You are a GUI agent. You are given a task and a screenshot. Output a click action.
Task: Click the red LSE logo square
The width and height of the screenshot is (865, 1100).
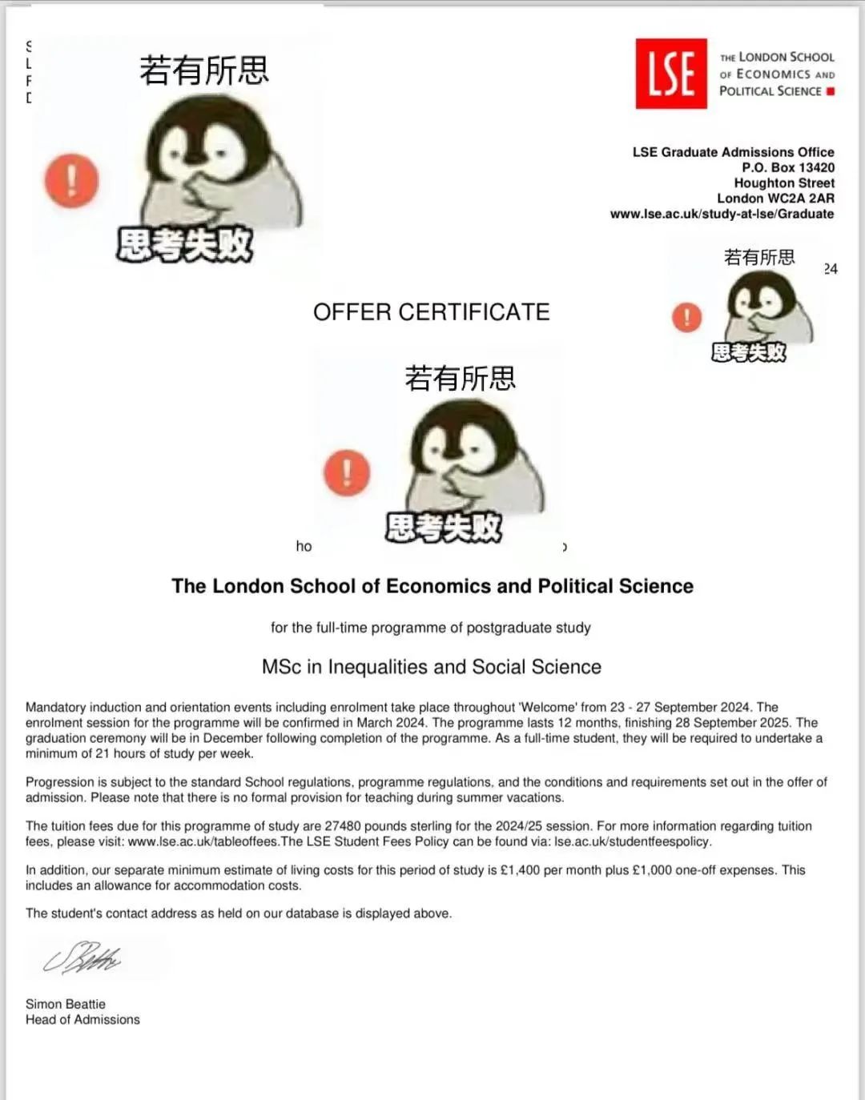(x=670, y=74)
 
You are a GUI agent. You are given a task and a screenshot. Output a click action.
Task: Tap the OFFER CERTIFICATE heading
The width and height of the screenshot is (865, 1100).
(x=431, y=312)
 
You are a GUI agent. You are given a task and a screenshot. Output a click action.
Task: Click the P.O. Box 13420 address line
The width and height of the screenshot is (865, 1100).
(x=787, y=167)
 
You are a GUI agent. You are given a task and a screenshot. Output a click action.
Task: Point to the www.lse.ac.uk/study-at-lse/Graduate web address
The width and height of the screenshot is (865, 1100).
(x=722, y=214)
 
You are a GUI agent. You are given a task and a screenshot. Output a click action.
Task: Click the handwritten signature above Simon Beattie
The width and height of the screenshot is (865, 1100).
(x=82, y=957)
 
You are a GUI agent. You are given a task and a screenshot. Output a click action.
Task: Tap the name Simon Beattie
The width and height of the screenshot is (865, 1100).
(x=66, y=1004)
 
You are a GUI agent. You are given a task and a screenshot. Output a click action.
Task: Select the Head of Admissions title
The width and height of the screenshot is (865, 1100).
(x=82, y=1019)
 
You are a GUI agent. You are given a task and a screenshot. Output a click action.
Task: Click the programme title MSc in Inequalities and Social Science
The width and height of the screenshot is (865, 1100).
(x=431, y=667)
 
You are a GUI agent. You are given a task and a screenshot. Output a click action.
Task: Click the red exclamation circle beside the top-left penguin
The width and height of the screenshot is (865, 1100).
(x=71, y=181)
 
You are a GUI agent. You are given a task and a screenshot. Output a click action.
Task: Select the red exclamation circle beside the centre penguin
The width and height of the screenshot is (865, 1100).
(x=347, y=472)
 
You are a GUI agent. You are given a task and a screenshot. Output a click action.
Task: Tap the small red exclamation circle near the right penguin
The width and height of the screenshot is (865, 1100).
(x=686, y=317)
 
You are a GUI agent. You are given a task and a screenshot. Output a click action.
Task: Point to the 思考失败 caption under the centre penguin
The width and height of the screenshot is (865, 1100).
(x=443, y=528)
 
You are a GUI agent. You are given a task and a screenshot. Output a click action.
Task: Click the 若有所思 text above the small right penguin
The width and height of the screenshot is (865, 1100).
(x=758, y=257)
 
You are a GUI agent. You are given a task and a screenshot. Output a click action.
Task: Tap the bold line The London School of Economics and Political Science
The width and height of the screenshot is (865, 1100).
(x=432, y=586)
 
